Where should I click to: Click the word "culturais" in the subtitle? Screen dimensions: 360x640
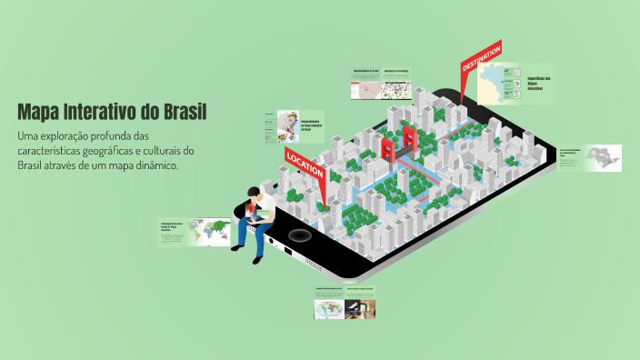(x=152, y=151)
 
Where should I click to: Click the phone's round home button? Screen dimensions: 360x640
(x=295, y=236)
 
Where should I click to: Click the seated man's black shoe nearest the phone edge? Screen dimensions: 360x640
(x=259, y=257)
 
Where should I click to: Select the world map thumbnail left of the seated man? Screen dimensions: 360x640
(x=216, y=232)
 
